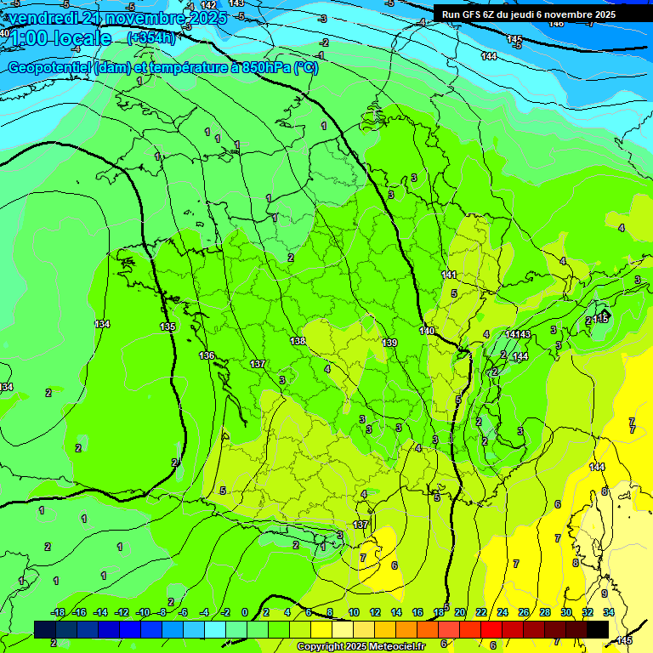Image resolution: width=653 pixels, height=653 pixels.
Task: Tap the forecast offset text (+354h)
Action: pos(151,37)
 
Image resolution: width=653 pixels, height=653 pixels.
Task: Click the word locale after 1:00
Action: pos(82,38)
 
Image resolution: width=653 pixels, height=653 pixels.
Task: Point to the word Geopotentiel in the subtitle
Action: pos(48,68)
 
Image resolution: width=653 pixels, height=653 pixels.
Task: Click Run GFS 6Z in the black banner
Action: pos(473,14)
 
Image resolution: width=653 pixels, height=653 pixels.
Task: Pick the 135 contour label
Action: pos(168,326)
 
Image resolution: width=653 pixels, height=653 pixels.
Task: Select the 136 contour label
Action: pos(207,355)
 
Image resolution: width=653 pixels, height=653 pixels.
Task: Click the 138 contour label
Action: pos(298,341)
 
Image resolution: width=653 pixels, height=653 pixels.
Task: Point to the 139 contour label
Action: pos(389,343)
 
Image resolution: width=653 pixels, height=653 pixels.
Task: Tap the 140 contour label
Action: pos(427,331)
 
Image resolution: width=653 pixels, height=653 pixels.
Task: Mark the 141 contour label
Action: pos(449,275)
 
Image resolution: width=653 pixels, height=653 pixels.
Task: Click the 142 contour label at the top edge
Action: pos(208,5)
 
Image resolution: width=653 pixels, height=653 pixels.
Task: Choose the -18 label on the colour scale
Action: pos(59,612)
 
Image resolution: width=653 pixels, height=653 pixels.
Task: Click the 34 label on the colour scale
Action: pos(608,612)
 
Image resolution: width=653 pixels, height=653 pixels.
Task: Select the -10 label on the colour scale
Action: pos(142,612)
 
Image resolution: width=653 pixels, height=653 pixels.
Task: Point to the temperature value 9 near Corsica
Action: pos(605,593)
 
